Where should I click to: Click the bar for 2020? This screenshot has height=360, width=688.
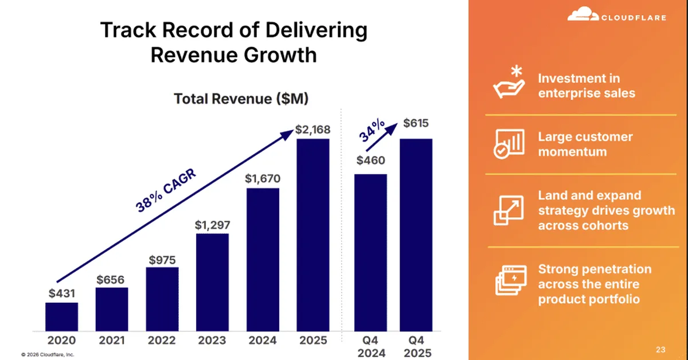click(61, 316)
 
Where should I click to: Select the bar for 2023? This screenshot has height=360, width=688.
click(212, 282)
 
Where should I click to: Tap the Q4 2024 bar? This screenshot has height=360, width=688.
click(370, 252)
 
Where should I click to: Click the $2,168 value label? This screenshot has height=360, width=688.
click(313, 130)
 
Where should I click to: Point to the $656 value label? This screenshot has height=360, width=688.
click(112, 279)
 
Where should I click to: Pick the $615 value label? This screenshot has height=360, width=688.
click(416, 123)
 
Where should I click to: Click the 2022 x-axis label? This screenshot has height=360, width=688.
click(162, 341)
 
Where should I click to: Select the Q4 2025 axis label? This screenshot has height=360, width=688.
click(416, 346)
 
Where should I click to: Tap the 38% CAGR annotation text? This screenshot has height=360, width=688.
click(166, 191)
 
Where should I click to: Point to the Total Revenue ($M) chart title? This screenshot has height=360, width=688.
click(241, 99)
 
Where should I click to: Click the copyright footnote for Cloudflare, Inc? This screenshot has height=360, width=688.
click(48, 354)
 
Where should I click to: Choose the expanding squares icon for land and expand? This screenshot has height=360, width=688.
click(509, 210)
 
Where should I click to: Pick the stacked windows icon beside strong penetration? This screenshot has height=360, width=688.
click(509, 280)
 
